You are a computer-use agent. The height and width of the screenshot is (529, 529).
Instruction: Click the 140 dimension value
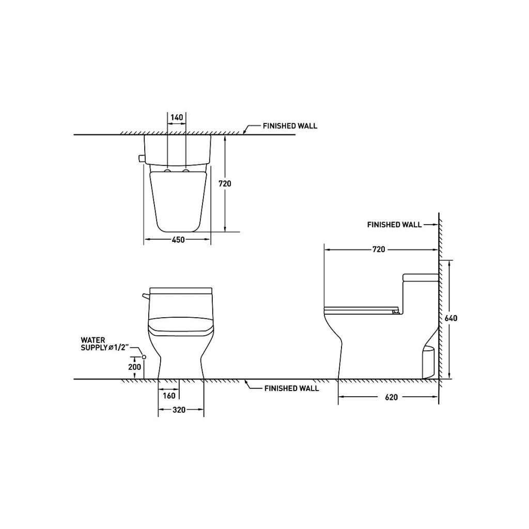click(177, 117)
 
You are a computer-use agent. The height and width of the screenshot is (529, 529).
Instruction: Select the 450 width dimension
click(178, 240)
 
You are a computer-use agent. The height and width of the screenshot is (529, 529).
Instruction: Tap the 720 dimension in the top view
click(225, 183)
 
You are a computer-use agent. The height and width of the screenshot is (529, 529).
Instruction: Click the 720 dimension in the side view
click(379, 250)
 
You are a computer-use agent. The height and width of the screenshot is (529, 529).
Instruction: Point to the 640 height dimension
click(451, 318)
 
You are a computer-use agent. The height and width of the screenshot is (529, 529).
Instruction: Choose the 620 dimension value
click(392, 397)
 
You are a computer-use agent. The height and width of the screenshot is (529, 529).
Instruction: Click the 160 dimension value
click(169, 395)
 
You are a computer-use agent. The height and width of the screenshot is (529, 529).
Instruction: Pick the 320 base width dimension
click(179, 410)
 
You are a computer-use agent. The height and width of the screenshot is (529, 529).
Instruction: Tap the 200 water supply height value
click(135, 367)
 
